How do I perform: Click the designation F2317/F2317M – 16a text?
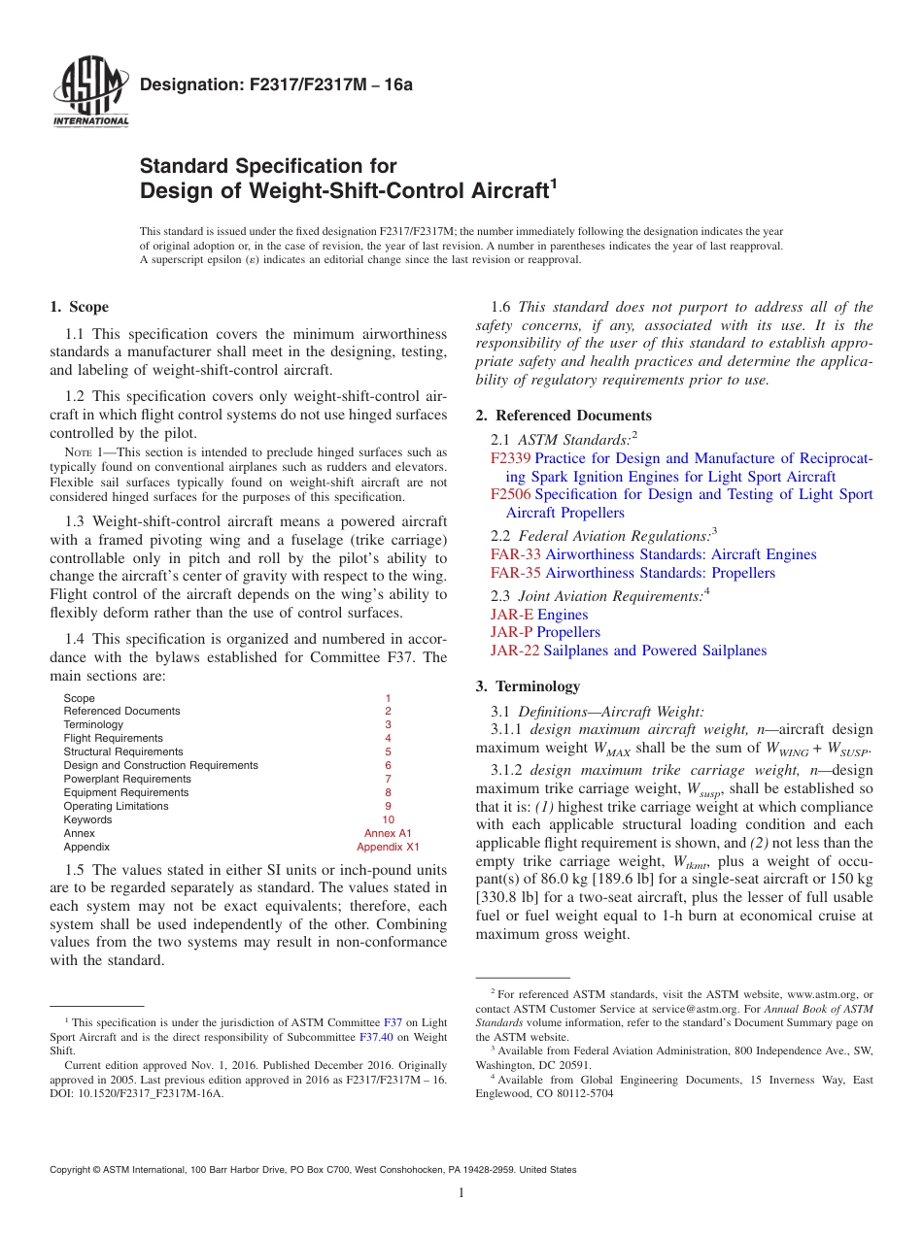[277, 84]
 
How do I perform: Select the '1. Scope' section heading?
[80, 307]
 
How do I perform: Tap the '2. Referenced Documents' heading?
[564, 415]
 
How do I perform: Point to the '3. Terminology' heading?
[528, 685]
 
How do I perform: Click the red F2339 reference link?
[510, 458]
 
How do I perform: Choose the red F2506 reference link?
[510, 494]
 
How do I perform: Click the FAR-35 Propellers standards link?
[632, 573]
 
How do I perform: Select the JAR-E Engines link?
[539, 615]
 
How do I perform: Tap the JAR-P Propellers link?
[545, 632]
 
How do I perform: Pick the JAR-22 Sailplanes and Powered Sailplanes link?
[628, 651]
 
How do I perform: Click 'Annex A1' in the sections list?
[388, 833]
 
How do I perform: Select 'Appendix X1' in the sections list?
[388, 847]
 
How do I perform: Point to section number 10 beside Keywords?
[388, 819]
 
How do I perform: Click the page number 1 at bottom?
[461, 1193]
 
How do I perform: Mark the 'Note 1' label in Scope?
[84, 452]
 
